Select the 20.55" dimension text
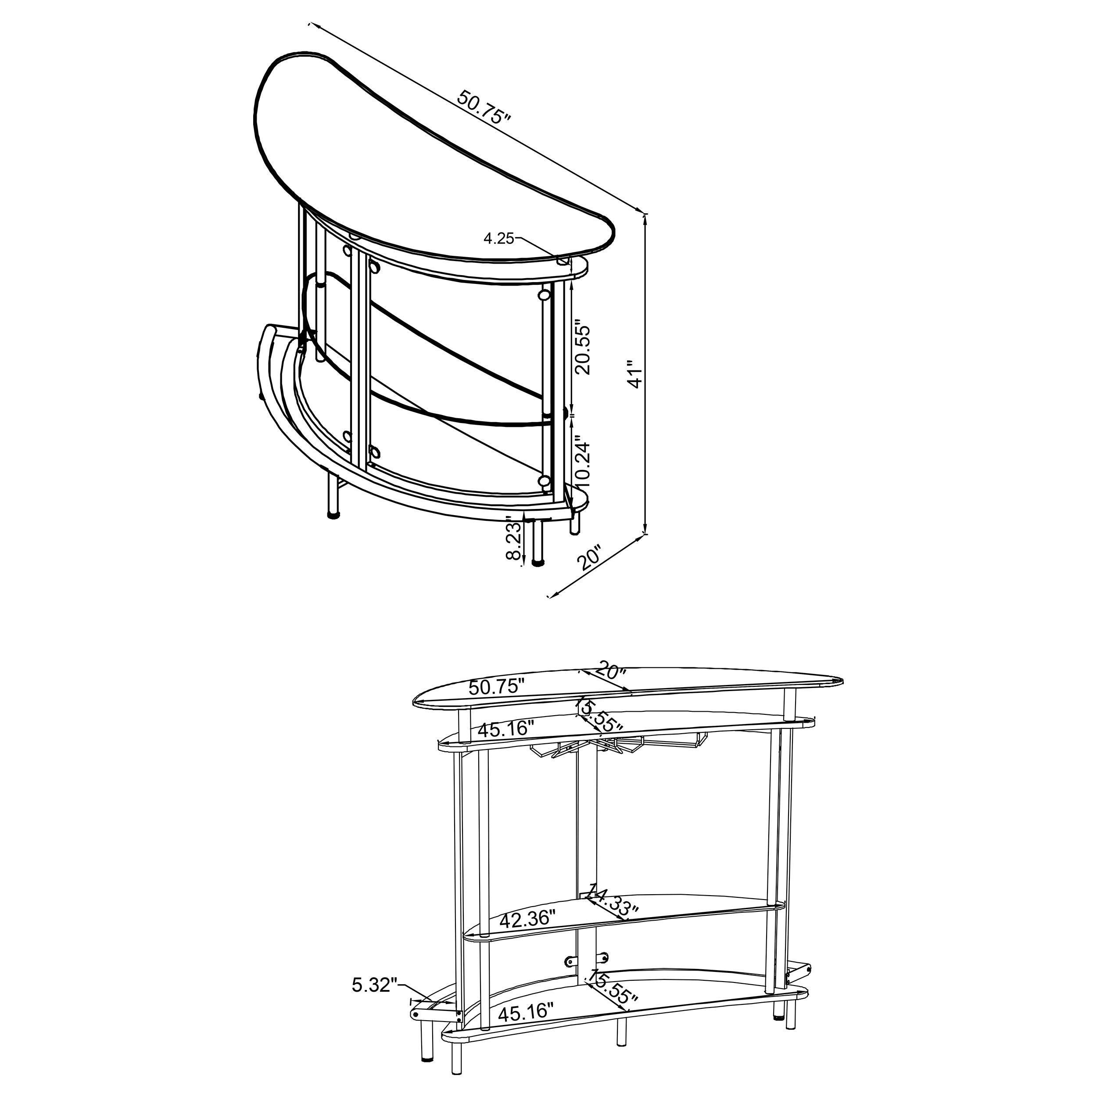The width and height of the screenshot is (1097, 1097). (583, 350)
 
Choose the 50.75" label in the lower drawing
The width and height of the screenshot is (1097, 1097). (497, 688)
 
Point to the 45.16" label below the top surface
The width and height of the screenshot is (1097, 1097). (506, 728)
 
